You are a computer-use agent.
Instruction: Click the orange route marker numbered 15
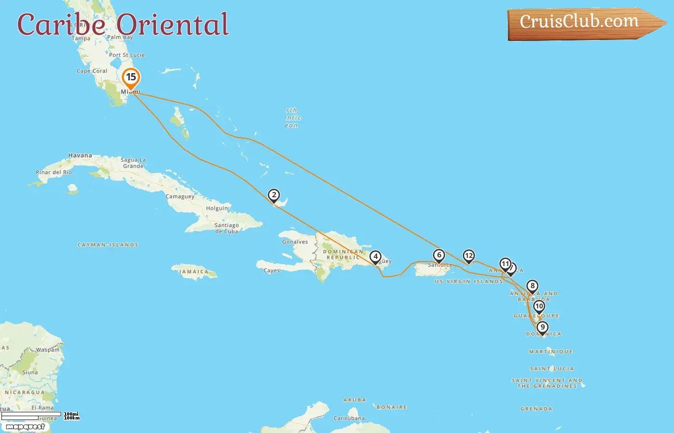pos(131,77)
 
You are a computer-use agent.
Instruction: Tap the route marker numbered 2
pos(274,195)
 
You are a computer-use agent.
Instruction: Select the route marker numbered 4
pos(376,257)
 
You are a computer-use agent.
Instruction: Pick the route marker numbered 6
pos(439,255)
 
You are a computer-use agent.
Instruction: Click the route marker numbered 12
pos(468,256)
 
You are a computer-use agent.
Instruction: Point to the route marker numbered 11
pos(505,264)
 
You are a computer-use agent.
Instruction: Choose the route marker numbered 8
pos(532,286)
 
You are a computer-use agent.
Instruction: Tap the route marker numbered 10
pos(539,306)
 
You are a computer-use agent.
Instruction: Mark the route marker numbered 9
pos(543,328)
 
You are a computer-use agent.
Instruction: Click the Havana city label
pos(80,155)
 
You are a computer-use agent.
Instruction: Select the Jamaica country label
pos(194,272)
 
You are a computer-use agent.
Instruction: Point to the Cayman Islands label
pos(108,245)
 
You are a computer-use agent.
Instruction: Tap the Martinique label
pos(551,352)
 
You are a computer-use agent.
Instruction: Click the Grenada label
pos(536,409)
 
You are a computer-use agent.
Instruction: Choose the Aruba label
pos(355,400)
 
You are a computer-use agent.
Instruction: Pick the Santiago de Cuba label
pos(227,228)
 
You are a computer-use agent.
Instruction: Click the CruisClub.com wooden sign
pos(580,23)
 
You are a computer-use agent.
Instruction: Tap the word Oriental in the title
pos(173,25)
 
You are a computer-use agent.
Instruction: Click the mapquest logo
pos(25,427)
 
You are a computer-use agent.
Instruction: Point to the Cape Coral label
pos(92,71)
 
